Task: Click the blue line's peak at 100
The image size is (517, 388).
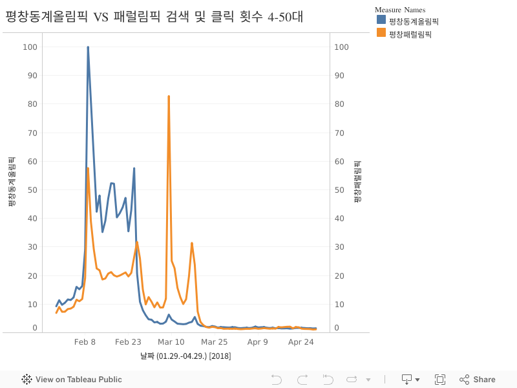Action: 88,47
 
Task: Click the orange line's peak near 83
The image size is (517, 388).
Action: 169,96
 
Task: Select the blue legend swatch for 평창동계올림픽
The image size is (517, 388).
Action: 381,20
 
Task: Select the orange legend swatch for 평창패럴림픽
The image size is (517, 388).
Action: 381,33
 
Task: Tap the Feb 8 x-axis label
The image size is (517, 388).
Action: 85,342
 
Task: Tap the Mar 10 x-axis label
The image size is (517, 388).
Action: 171,342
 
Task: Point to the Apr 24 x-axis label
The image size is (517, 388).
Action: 301,342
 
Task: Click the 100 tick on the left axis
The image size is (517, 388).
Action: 30,47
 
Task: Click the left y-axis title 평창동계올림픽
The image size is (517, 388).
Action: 11,182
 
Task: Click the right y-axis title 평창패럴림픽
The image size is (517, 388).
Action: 357,182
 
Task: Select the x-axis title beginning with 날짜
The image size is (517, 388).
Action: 185,356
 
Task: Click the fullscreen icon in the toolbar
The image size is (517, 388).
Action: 440,380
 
